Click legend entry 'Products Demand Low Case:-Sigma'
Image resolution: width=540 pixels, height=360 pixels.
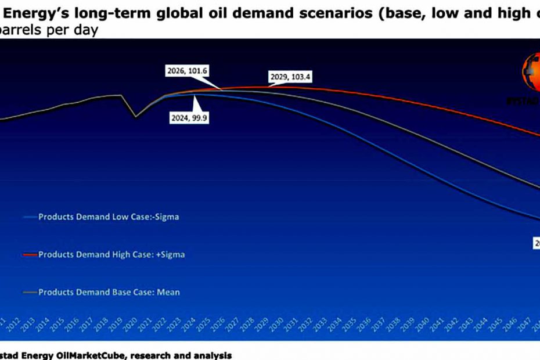tap(109, 217)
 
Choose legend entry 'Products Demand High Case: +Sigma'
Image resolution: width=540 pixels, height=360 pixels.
tap(111, 254)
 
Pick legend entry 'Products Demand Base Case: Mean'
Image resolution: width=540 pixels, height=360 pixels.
tap(109, 292)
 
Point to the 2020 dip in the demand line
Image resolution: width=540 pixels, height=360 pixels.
tap(136, 117)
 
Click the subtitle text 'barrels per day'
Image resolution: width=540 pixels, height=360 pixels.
tap(49, 30)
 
